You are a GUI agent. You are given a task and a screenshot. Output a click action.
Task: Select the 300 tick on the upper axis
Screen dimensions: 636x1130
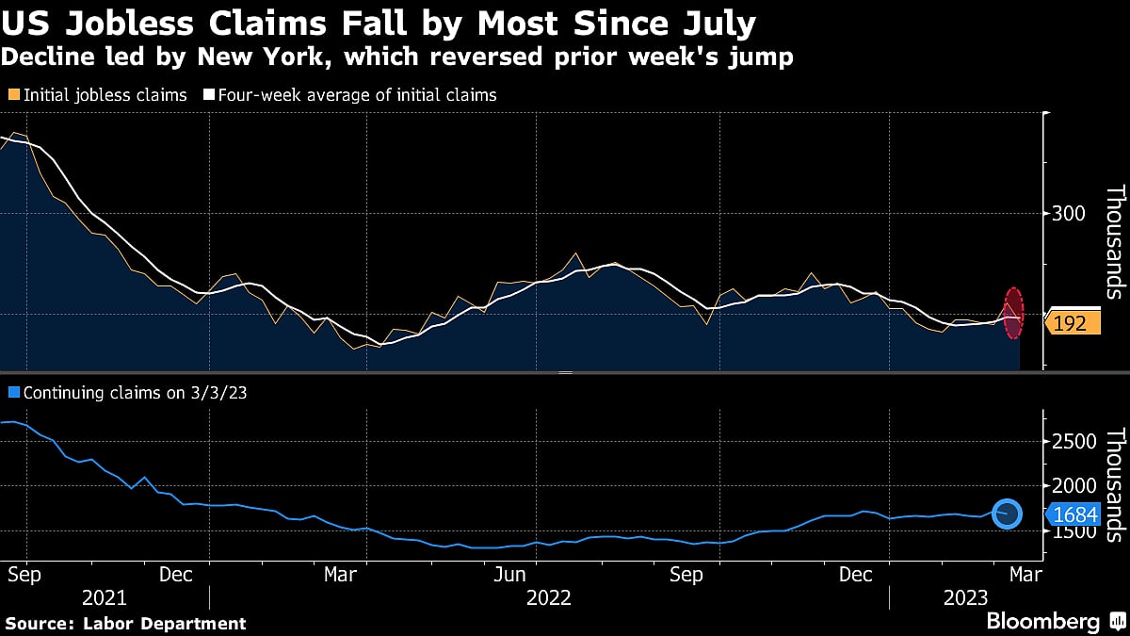click(x=1071, y=214)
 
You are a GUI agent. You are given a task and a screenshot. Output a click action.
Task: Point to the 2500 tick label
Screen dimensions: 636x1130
click(x=1075, y=442)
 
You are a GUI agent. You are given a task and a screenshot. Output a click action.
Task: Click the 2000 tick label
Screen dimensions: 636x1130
click(x=1075, y=486)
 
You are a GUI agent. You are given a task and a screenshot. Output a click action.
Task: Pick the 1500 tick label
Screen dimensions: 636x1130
click(x=1075, y=531)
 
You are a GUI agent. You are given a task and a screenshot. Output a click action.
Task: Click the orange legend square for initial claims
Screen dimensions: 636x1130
click(x=12, y=95)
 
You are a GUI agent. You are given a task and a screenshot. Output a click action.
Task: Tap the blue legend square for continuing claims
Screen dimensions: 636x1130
click(x=12, y=392)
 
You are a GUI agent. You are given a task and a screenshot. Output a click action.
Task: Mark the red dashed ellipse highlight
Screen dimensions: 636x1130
click(x=1013, y=313)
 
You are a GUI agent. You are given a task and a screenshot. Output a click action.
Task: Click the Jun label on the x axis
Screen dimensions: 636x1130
click(x=509, y=574)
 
